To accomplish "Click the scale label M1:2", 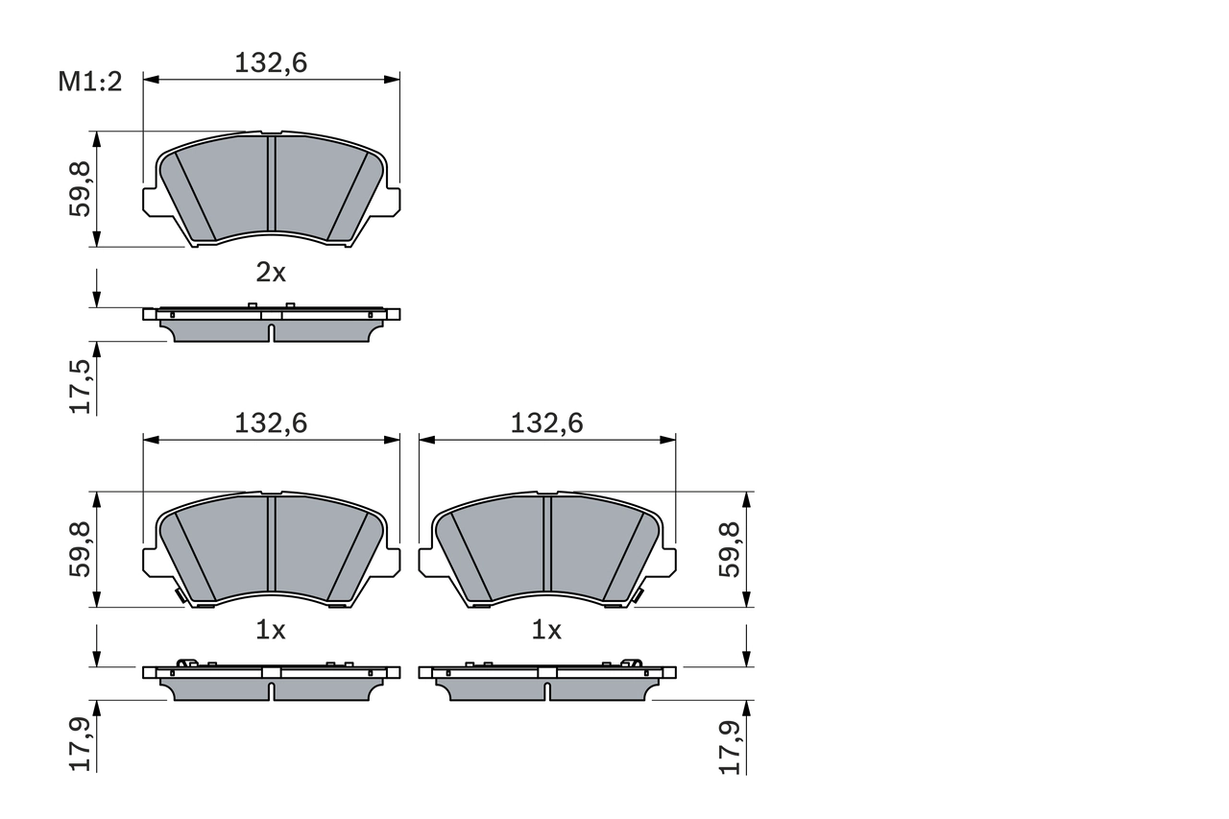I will coord(90,83).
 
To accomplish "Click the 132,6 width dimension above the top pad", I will coord(271,63).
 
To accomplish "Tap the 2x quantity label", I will coord(271,273).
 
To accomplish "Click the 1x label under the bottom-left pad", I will coord(271,631).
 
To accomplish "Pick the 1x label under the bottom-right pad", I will coord(546,631).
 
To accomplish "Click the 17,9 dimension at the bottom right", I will coord(731,744).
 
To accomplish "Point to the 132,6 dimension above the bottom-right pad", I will coord(546,423).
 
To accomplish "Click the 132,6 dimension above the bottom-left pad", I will coord(271,423).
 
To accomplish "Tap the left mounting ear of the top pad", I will coord(151,201).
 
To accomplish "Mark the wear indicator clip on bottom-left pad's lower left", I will coord(180,597).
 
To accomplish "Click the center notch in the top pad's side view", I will coord(271,332).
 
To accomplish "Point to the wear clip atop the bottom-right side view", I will coord(631,662).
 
